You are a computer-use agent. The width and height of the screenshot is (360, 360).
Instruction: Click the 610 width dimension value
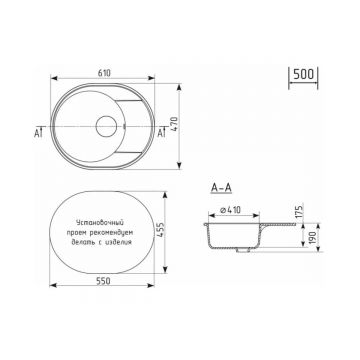coord(104,73)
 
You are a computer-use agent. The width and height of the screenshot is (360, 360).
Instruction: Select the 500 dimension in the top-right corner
coord(303,74)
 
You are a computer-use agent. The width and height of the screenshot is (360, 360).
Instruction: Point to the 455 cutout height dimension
coord(160,229)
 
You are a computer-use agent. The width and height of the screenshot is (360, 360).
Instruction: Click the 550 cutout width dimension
coord(103,281)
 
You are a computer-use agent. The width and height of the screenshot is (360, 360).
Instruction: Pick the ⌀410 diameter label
coord(231,210)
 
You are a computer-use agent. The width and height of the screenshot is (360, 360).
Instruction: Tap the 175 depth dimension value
coord(299,211)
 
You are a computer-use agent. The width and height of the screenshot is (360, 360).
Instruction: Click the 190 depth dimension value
coord(312,236)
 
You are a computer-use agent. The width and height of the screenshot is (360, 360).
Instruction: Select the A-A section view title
coord(221,188)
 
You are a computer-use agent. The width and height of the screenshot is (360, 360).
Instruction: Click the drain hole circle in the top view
coord(106,126)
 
